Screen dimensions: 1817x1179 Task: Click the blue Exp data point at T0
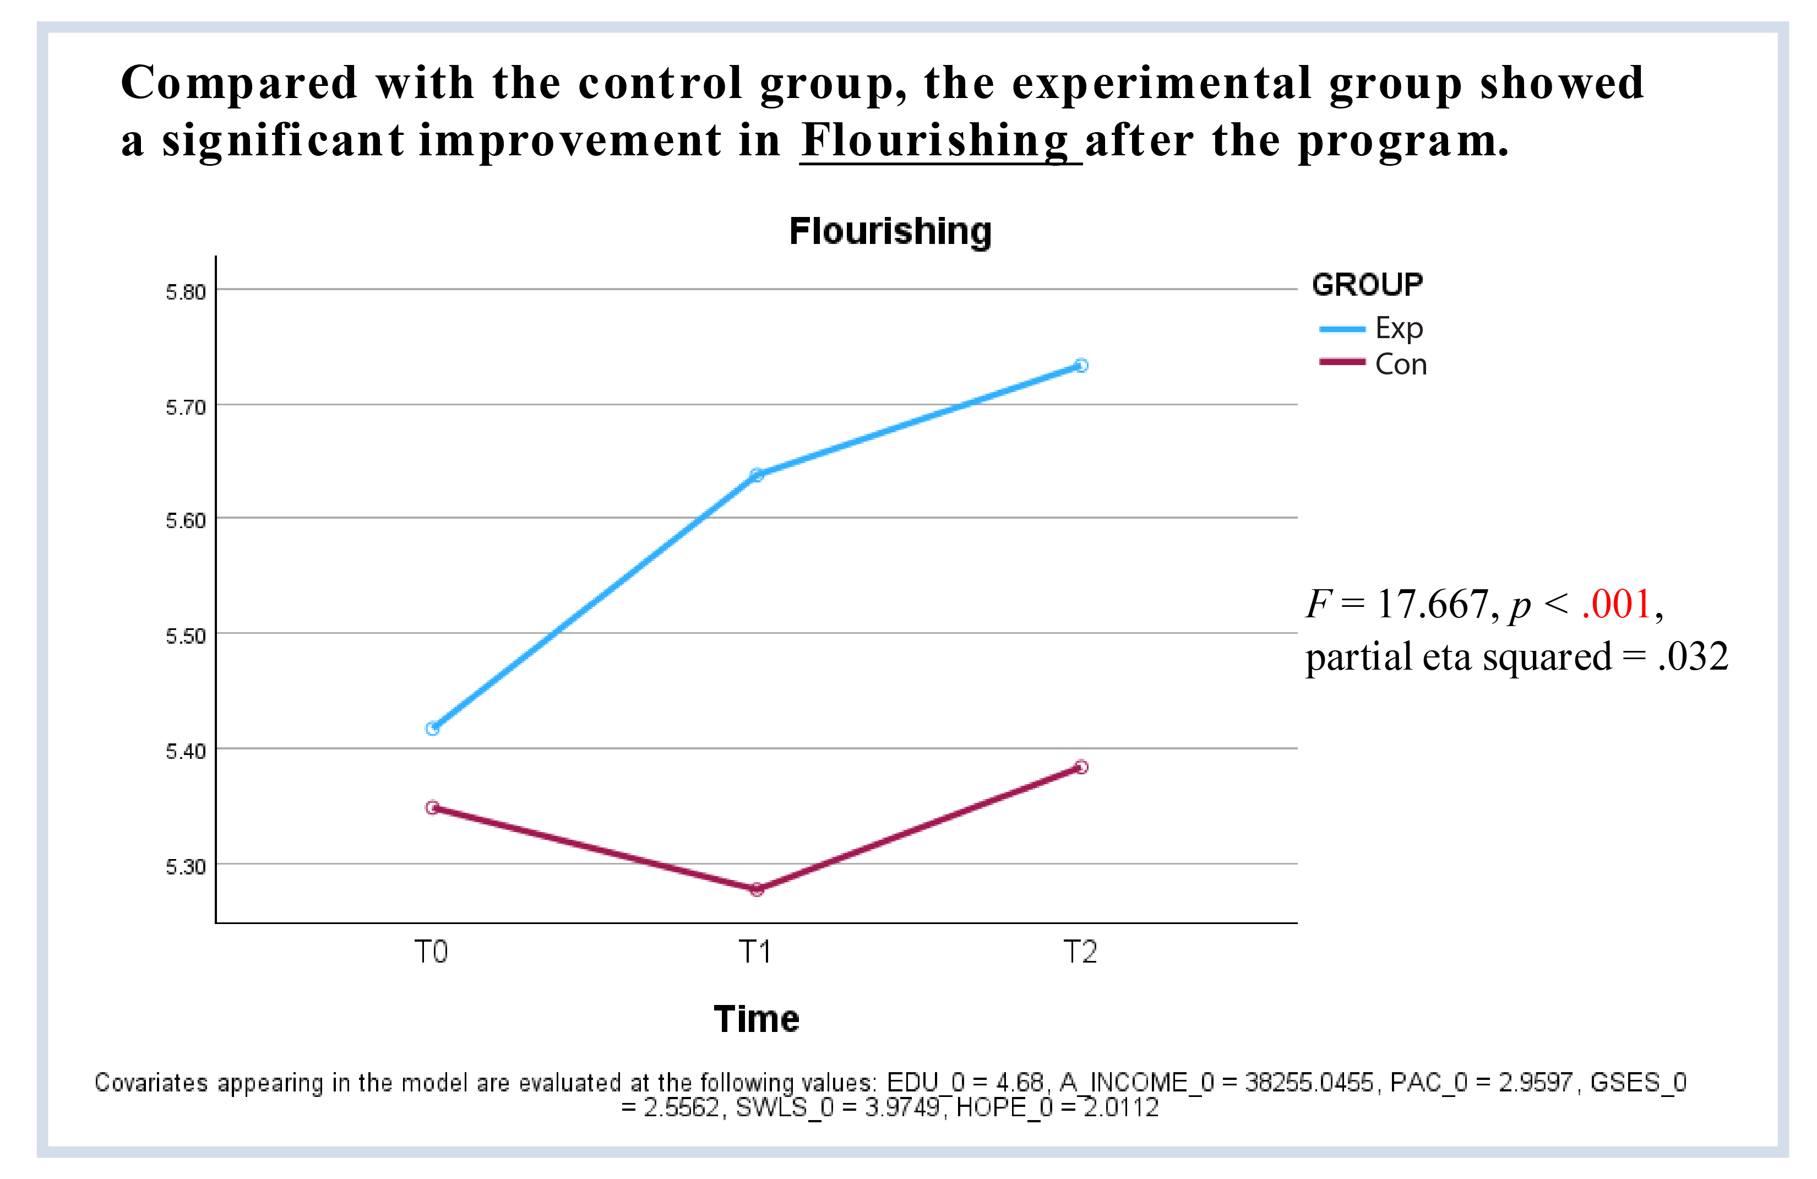pos(432,729)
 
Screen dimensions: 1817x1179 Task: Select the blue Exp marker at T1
pos(757,475)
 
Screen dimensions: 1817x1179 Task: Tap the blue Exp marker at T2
pos(1081,366)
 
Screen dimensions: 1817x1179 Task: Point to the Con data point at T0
pos(432,807)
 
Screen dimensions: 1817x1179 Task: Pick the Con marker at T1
pos(757,889)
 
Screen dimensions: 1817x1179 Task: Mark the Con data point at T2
pos(1081,767)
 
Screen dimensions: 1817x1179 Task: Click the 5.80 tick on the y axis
pos(186,292)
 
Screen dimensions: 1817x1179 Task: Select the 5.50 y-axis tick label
pos(186,636)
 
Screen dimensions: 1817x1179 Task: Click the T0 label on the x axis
pos(431,952)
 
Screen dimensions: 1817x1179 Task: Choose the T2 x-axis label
pos(1080,952)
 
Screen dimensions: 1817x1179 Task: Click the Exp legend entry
pos(1371,328)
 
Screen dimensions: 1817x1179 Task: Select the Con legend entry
pos(1373,364)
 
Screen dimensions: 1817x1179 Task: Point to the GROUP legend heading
pos(1367,285)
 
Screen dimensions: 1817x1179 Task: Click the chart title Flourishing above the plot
pos(890,231)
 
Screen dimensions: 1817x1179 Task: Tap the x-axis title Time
pos(757,1019)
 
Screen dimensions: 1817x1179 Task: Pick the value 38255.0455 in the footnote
pos(1309,1082)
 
